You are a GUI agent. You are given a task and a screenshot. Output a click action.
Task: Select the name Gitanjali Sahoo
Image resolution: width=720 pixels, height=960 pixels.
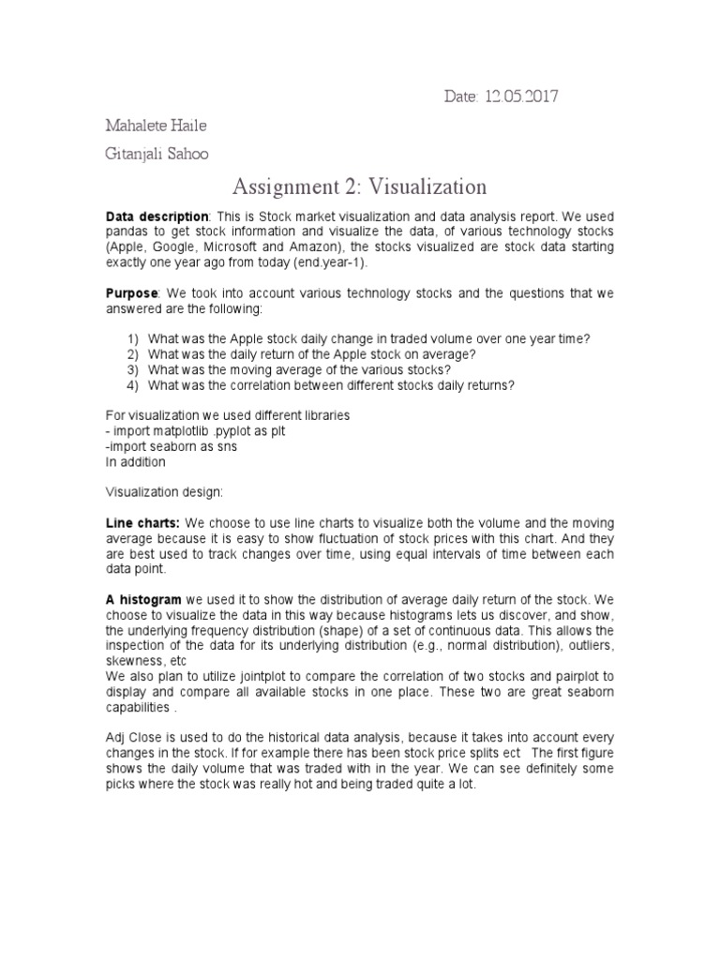(156, 154)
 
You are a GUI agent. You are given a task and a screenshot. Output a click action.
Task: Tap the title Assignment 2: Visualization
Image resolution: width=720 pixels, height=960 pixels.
(359, 187)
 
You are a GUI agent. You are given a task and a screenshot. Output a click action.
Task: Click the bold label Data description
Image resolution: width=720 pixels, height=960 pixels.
(156, 216)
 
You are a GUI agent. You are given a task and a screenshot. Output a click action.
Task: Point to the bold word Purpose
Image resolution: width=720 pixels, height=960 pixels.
(131, 293)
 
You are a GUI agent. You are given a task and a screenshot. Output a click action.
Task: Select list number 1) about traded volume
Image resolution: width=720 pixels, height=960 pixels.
(134, 338)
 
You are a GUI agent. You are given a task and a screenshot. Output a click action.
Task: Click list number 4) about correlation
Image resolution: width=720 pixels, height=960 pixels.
(134, 384)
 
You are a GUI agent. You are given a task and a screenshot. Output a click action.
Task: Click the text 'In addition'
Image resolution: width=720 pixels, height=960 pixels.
(135, 461)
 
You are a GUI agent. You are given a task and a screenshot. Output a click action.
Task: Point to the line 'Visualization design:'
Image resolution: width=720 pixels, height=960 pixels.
(164, 491)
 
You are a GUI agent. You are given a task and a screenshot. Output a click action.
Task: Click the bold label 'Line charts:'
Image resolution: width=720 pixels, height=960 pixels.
(142, 522)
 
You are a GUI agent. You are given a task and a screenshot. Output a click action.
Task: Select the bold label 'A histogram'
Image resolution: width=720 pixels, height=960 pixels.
(143, 599)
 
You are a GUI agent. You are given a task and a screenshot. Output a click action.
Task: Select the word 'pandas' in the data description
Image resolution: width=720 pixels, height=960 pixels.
(128, 232)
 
